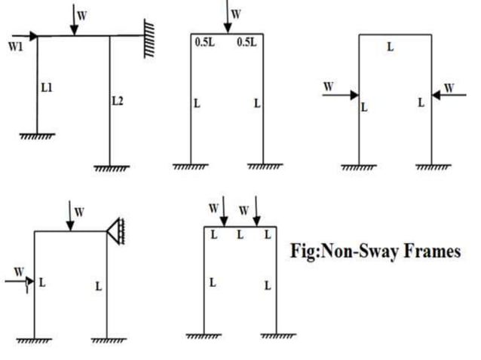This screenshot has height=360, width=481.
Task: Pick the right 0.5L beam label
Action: [247, 43]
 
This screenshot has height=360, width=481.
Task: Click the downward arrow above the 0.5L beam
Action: [227, 19]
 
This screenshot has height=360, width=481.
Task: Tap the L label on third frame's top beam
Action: [390, 47]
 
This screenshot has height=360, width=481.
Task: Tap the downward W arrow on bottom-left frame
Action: [70, 217]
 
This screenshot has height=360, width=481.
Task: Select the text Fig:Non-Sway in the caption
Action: [339, 251]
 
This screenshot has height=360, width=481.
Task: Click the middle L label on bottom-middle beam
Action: [240, 236]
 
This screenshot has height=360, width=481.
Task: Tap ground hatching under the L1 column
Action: [36, 136]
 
